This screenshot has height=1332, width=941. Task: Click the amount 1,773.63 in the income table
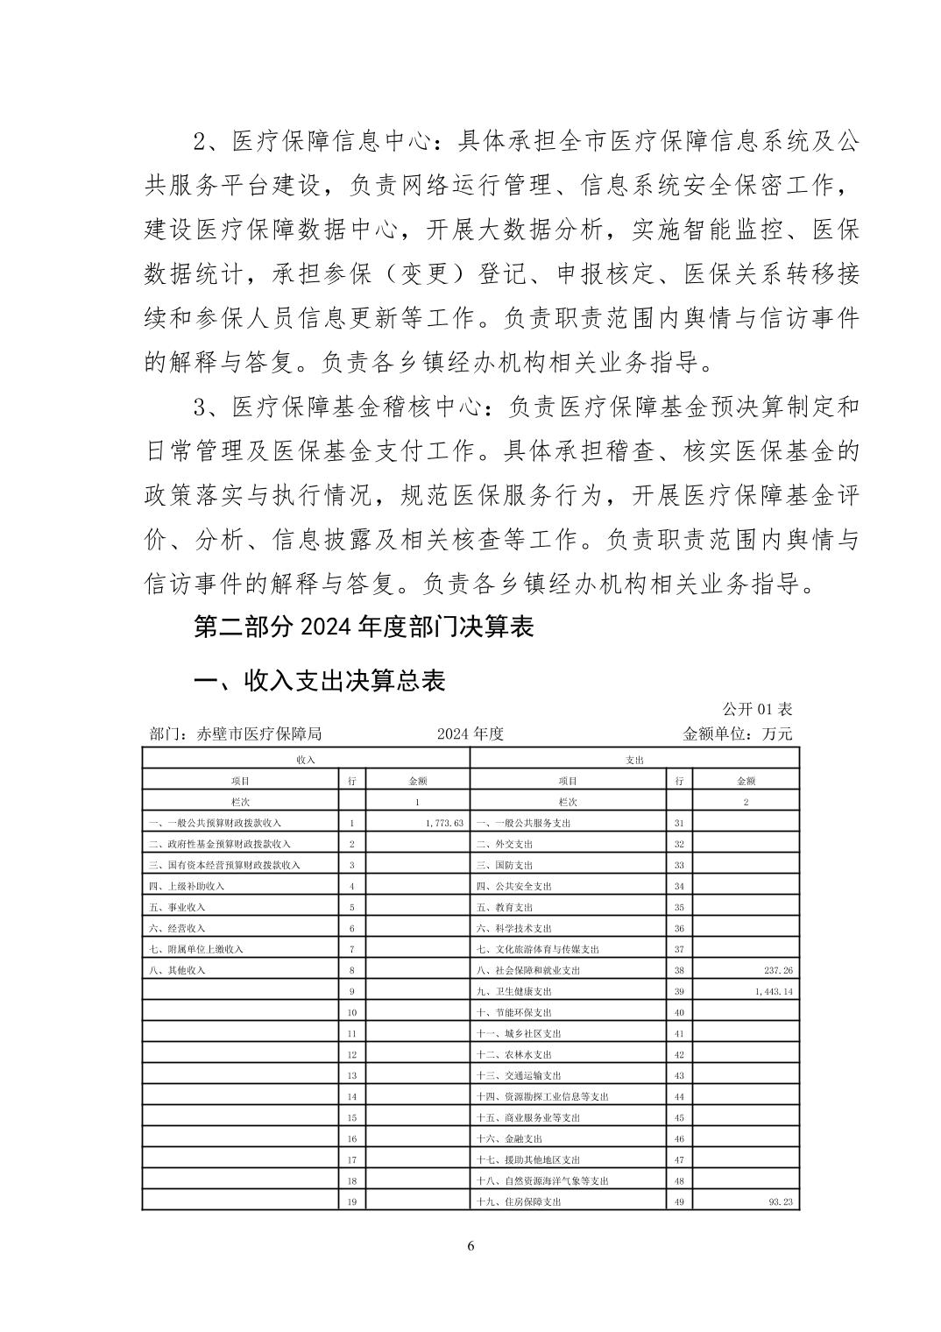point(442,823)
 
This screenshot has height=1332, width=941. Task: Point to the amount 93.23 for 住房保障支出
point(778,1201)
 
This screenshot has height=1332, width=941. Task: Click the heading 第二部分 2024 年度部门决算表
point(364,627)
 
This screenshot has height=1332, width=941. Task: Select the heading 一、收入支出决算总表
point(319,681)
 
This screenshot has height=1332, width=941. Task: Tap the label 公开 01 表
point(757,709)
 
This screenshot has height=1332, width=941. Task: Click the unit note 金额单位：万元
point(737,733)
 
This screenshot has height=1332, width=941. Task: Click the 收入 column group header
point(306,760)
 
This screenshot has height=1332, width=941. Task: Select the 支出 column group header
point(634,760)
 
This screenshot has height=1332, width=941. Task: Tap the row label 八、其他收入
point(178,970)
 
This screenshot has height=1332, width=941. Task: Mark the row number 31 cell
point(679,823)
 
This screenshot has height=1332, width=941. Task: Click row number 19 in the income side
point(351,1201)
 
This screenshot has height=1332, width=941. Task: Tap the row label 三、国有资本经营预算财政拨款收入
point(225,865)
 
